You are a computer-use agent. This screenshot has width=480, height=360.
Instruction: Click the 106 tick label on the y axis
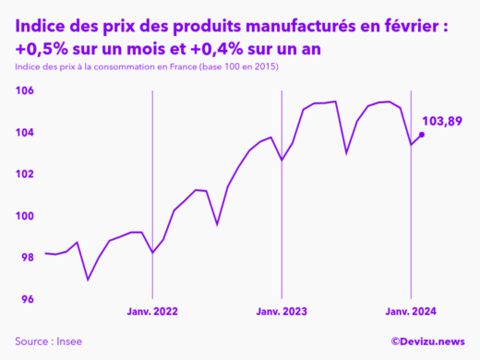(24, 90)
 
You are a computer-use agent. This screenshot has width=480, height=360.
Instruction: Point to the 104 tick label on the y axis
(24, 133)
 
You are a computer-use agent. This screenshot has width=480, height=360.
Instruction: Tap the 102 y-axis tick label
(24, 174)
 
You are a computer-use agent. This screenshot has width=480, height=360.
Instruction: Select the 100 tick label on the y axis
(24, 216)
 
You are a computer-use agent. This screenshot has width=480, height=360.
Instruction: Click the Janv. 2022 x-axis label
(152, 313)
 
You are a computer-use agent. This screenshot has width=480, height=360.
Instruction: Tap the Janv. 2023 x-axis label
(282, 313)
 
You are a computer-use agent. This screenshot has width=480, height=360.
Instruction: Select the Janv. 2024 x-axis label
(410, 313)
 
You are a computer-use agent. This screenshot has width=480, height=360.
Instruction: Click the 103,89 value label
(441, 121)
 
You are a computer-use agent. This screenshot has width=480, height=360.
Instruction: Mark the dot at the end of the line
(422, 135)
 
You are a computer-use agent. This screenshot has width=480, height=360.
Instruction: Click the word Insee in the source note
(67, 342)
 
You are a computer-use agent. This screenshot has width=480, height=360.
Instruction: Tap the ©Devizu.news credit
(427, 342)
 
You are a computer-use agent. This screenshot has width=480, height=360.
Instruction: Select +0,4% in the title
(212, 48)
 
